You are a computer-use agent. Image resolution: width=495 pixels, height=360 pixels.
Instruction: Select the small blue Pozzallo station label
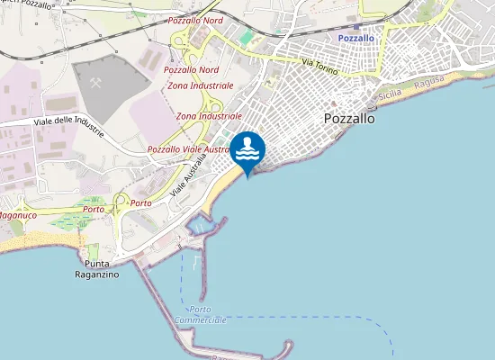[x=355, y=39]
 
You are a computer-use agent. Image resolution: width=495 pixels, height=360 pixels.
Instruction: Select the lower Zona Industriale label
[x=209, y=116]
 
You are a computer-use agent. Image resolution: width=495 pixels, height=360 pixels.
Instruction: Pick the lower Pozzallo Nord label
[x=191, y=69]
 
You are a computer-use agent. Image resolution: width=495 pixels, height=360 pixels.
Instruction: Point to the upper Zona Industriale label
[x=201, y=85]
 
